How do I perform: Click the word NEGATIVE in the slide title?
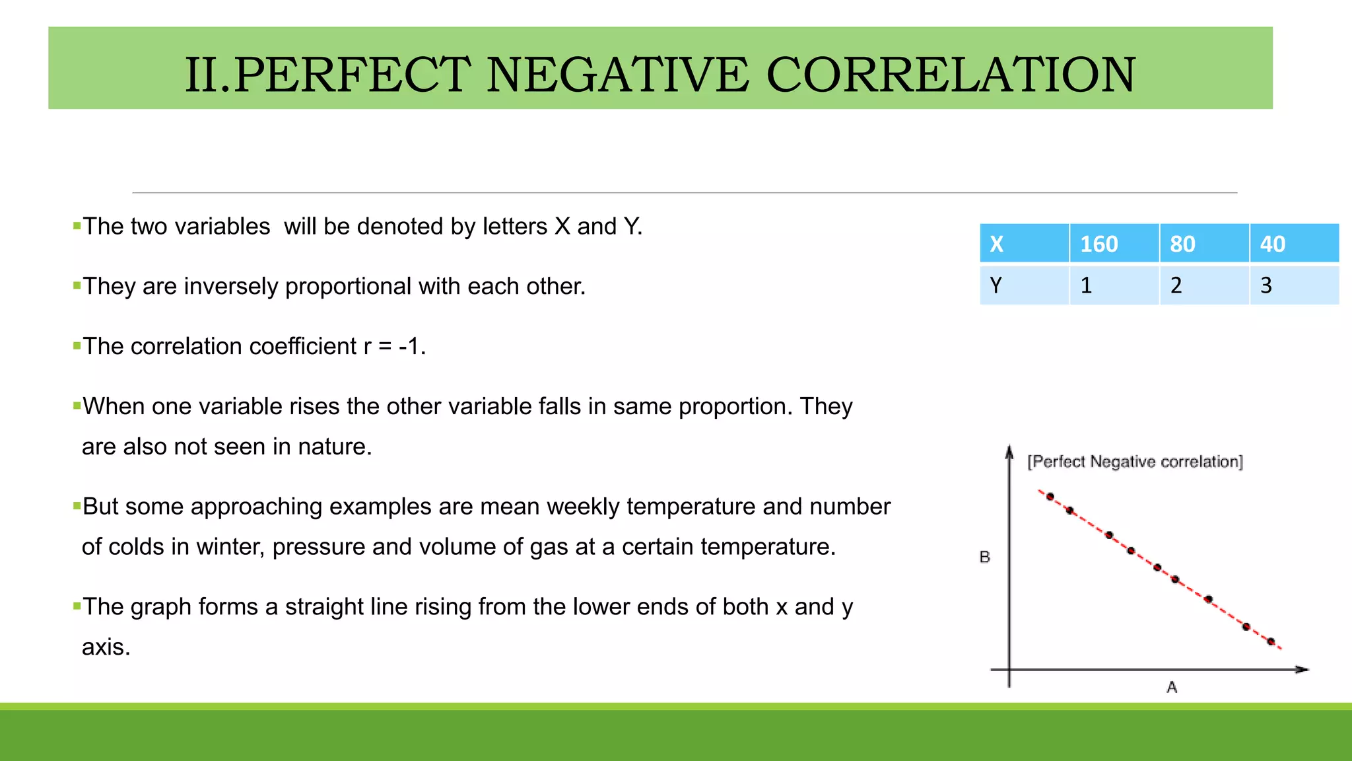[617, 75]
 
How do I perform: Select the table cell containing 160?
[1114, 244]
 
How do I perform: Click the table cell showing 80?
[1203, 244]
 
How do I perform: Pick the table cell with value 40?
[1293, 244]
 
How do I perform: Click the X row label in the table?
[1024, 244]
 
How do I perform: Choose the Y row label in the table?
[1024, 285]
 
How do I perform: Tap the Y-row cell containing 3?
[1293, 285]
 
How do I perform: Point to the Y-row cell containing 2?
[1203, 285]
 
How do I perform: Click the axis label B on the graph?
[985, 557]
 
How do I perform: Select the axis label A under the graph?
[1172, 687]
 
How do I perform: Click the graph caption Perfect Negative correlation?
[1135, 461]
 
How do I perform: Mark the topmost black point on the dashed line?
[1050, 497]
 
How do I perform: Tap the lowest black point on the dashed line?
[1271, 641]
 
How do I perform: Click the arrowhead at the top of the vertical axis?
[1009, 452]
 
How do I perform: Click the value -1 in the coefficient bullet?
[411, 346]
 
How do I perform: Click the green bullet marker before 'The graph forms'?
[77, 605]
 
